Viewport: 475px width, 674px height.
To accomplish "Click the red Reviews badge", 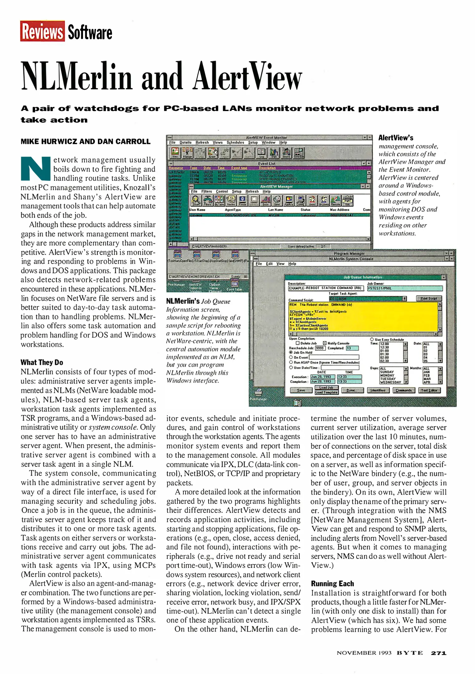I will point(42,31).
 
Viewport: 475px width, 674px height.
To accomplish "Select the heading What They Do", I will point(42,362).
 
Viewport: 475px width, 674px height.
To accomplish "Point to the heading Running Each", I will point(332,584).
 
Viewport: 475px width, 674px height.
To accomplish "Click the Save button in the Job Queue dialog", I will point(301,390).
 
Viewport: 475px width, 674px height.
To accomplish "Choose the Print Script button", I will point(429,298).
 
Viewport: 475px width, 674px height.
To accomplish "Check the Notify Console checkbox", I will point(324,343).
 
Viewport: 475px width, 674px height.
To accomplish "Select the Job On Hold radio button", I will point(291,352).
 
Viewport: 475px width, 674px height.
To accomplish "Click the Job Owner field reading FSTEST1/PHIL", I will point(405,288).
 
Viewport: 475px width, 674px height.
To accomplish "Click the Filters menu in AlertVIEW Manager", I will point(206,192).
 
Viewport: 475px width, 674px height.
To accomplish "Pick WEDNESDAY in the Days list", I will point(390,382).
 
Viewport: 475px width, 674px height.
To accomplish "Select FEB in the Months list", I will point(426,375).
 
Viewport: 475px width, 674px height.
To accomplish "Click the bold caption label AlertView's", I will point(395,138).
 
